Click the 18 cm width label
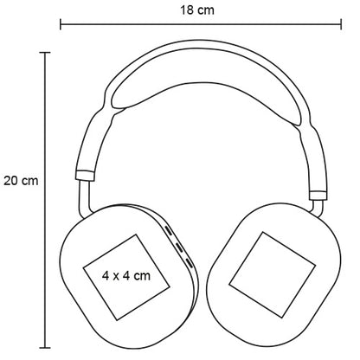point(197,10)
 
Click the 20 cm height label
point(21,181)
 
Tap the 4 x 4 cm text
point(126,276)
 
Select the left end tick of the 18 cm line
point(61,24)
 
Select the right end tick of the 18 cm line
point(341,24)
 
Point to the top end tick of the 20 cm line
point(45,53)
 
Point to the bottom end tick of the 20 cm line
point(45,348)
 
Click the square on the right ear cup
point(272,274)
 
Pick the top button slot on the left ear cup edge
point(169,231)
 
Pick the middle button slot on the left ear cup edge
point(179,247)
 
